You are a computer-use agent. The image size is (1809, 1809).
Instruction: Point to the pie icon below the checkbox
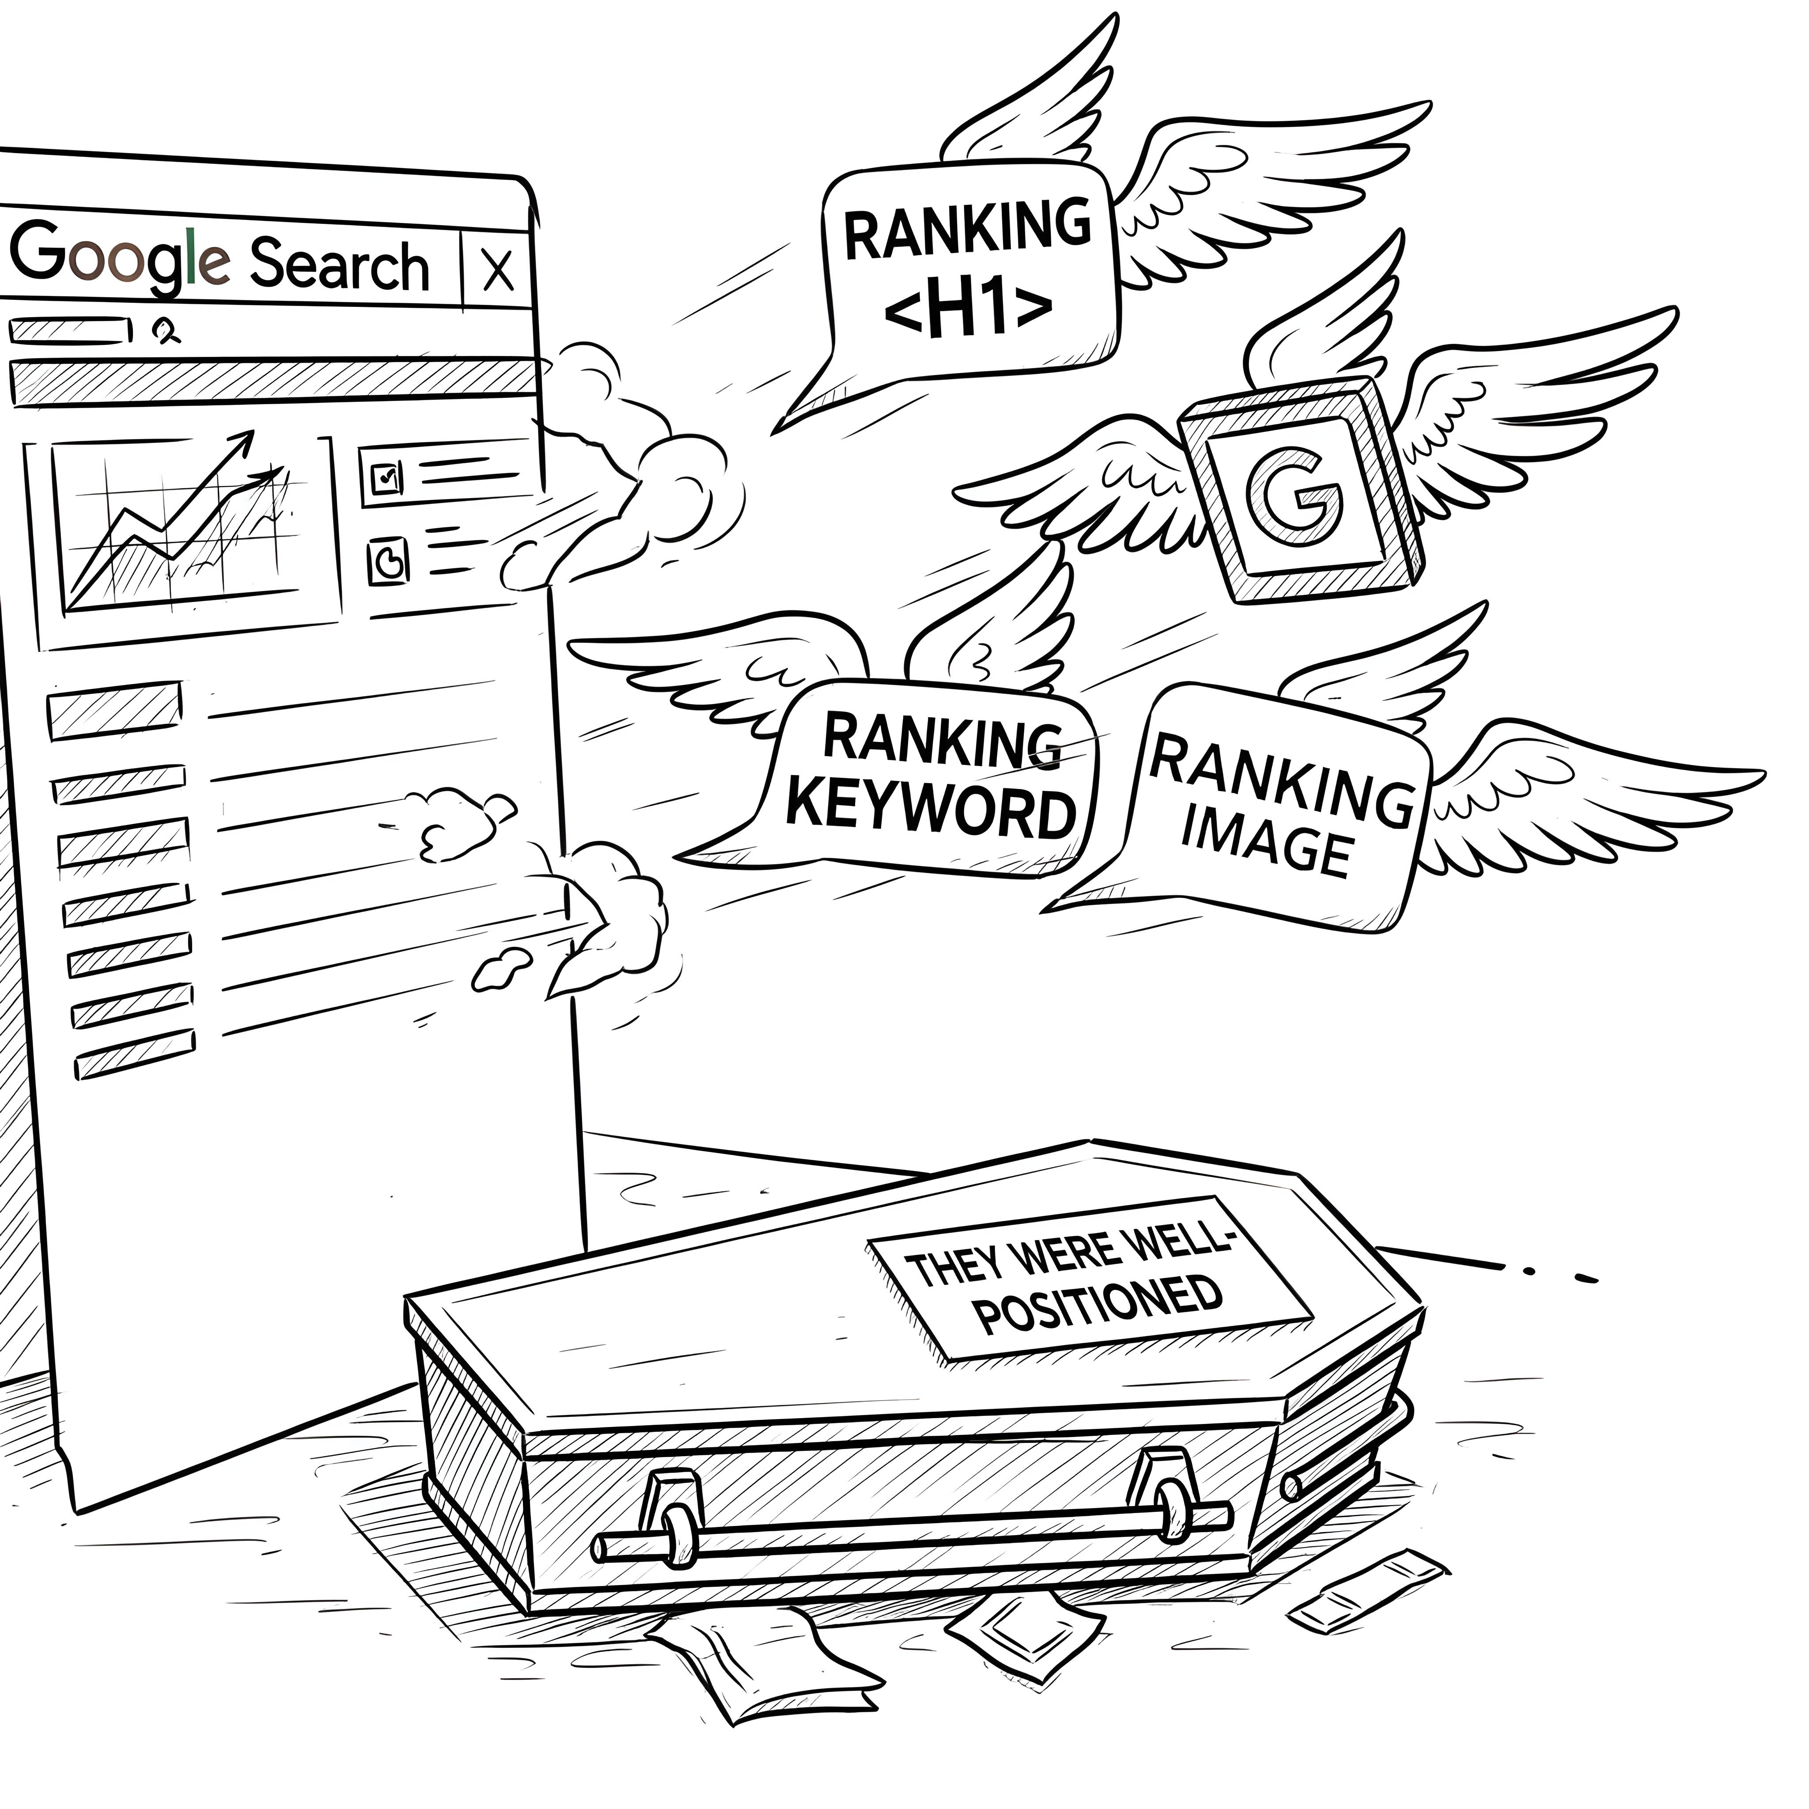coord(388,560)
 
